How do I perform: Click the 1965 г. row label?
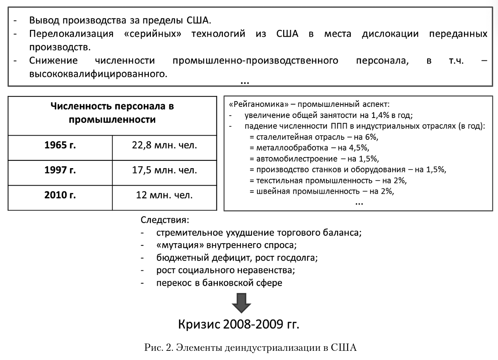(60, 146)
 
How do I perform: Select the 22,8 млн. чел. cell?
(164, 146)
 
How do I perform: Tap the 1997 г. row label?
(60, 170)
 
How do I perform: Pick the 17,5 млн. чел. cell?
(164, 170)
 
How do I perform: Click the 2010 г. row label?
(60, 195)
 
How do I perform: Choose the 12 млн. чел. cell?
(164, 195)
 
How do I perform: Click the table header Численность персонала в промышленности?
(112, 113)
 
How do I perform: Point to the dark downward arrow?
(241, 303)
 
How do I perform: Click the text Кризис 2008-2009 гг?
(239, 324)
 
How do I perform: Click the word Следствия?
(165, 220)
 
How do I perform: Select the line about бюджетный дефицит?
(237, 258)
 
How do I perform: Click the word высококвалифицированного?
(98, 73)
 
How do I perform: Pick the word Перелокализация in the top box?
(71, 34)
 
